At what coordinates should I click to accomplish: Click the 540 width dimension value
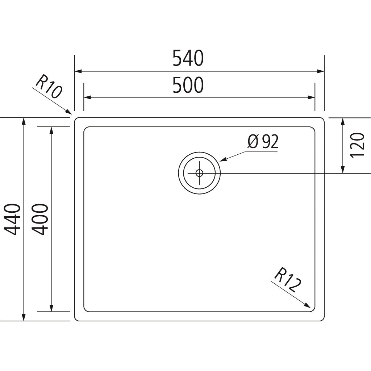click(x=188, y=59)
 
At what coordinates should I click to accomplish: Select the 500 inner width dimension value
click(x=188, y=86)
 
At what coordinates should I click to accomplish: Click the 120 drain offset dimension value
click(x=357, y=145)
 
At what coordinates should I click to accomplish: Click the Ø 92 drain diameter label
click(x=263, y=142)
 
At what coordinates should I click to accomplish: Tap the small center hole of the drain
click(x=199, y=173)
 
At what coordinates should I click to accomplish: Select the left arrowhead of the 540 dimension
click(x=78, y=71)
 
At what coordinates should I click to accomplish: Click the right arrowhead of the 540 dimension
click(x=321, y=71)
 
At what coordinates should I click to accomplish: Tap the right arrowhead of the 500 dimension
click(x=312, y=97)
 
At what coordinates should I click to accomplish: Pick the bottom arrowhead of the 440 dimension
click(x=24, y=317)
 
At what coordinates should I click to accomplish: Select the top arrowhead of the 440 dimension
click(x=24, y=121)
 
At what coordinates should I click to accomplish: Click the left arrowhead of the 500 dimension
click(x=87, y=97)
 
